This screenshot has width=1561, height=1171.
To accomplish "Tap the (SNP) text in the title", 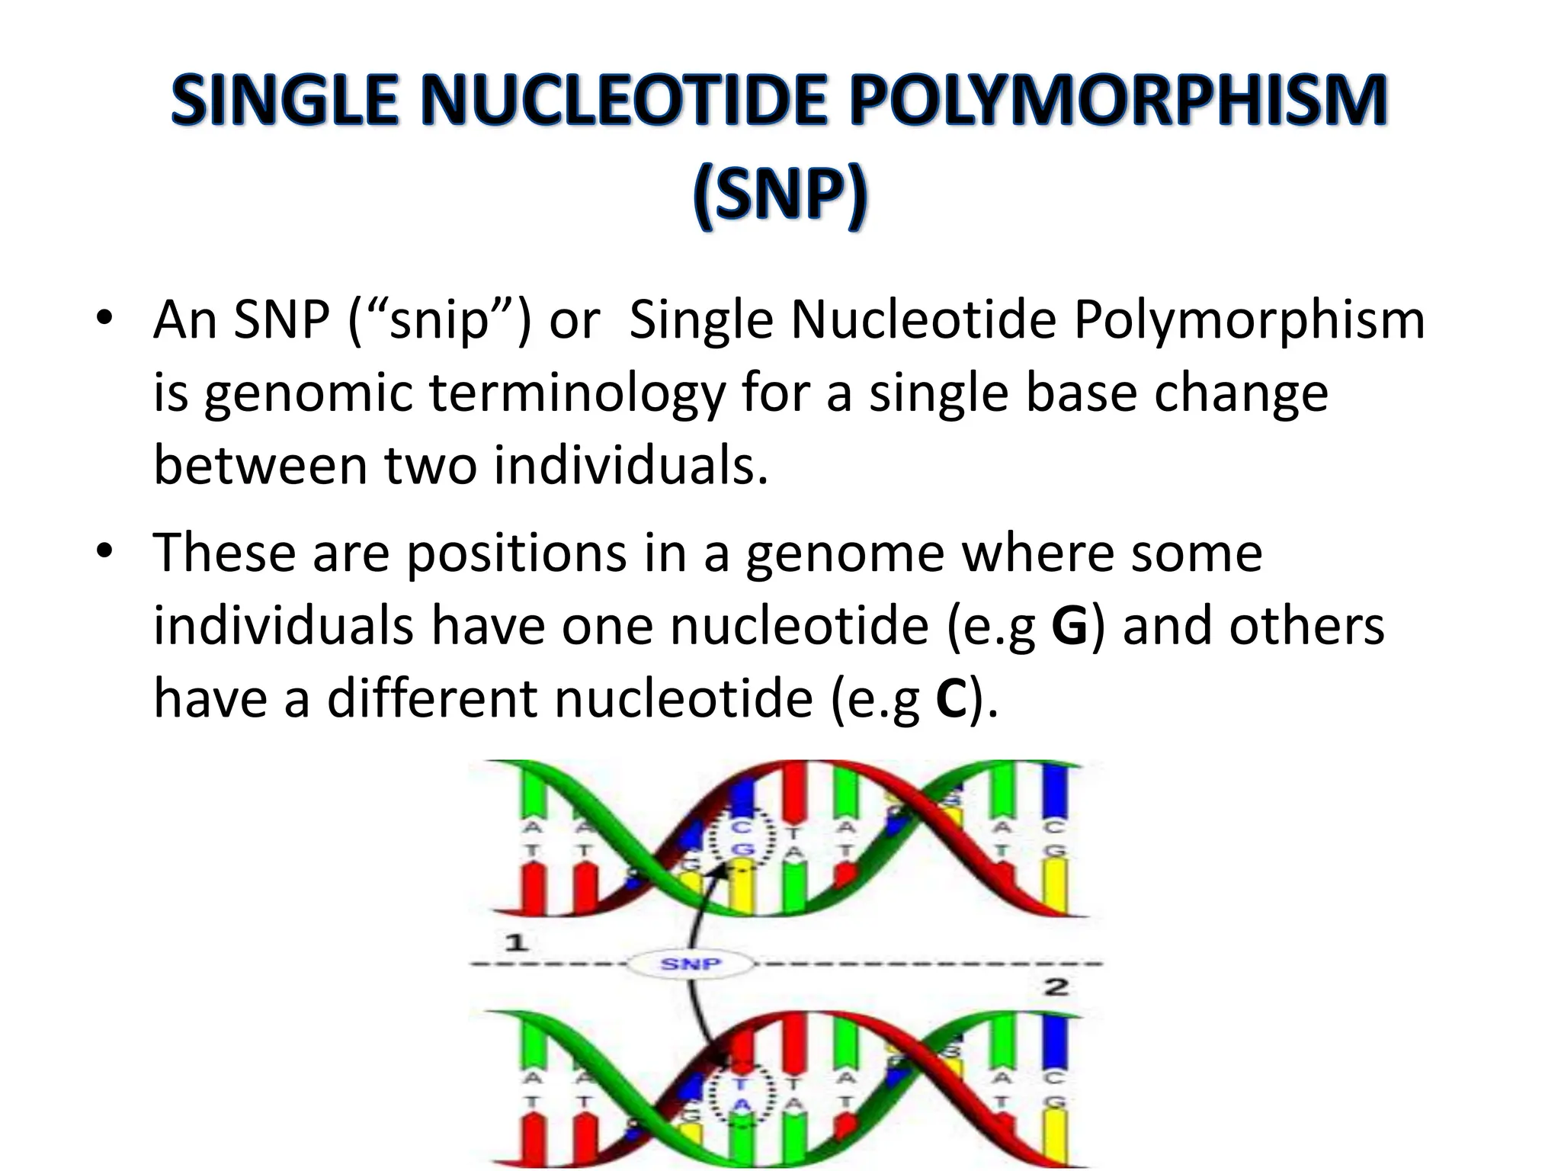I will coord(780,196).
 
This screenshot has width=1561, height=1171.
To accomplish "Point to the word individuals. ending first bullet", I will coord(630,466).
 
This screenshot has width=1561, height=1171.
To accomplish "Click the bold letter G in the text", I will coord(1069,627).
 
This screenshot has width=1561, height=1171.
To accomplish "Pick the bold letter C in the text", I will coord(951,700).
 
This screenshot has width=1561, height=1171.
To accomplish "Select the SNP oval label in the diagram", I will coord(690,964).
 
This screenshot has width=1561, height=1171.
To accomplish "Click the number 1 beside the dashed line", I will coord(517,943).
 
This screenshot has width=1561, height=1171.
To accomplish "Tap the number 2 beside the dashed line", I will coord(1055,988).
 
